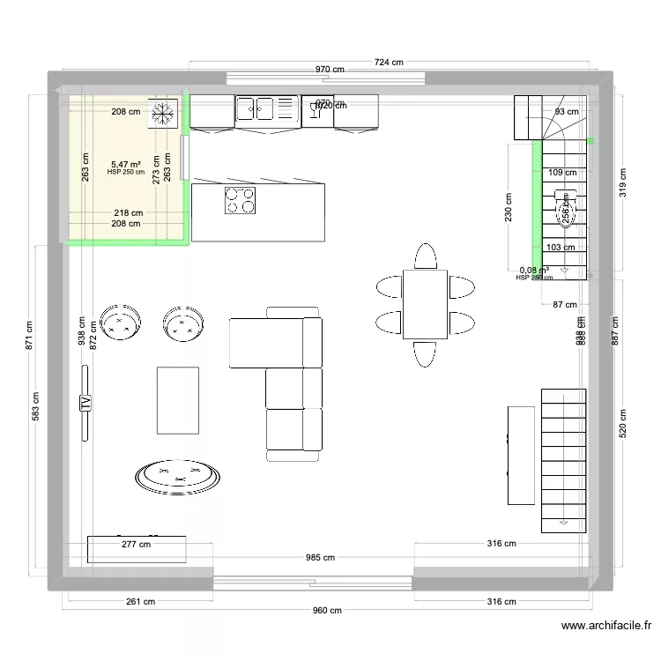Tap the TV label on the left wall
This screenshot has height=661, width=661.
tap(85, 403)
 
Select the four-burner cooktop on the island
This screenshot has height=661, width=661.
tap(240, 201)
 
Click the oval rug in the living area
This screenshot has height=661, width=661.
tap(177, 476)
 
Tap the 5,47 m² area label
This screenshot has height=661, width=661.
tap(126, 164)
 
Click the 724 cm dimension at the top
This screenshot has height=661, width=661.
tap(388, 62)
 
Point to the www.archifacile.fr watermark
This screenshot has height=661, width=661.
tap(606, 627)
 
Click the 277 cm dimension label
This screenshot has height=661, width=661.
tap(136, 545)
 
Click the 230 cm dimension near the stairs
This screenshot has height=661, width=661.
tap(509, 209)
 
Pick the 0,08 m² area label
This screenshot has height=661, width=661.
tap(534, 271)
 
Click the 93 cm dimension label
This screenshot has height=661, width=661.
tap(567, 112)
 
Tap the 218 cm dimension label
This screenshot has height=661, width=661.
tap(128, 213)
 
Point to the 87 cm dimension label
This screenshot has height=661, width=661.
tap(565, 305)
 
